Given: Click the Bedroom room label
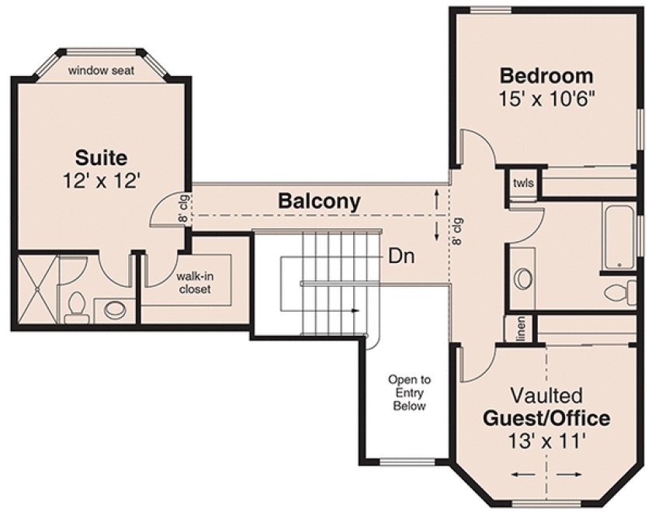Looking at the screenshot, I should [546, 76].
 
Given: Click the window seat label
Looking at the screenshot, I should [101, 71].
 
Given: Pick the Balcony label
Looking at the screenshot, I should [319, 202].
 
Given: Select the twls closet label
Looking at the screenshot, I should [521, 184].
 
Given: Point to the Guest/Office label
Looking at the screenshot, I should [546, 419].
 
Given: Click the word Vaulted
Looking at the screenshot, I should [546, 396].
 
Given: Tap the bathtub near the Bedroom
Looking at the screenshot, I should [621, 237].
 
